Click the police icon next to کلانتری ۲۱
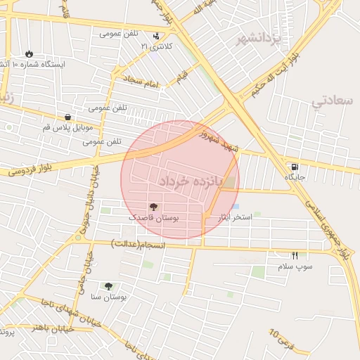pyautogui.click(x=155, y=35)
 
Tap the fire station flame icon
pyautogui.click(x=28, y=53)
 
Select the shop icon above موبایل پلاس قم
pyautogui.click(x=67, y=117)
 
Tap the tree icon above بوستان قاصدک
pyautogui.click(x=154, y=207)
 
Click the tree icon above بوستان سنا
pyautogui.click(x=108, y=285)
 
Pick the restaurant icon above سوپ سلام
pyautogui.click(x=295, y=255)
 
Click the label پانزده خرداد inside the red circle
pyautogui.click(x=190, y=181)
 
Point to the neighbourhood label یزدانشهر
pyautogui.click(x=258, y=37)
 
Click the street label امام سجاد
pyautogui.click(x=141, y=82)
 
